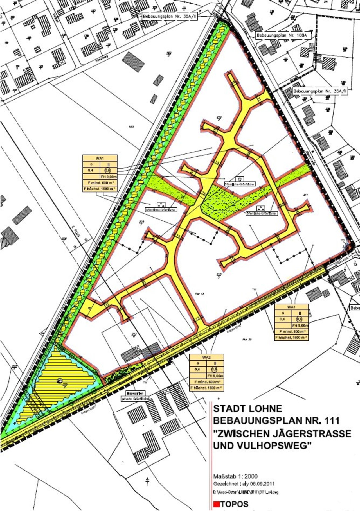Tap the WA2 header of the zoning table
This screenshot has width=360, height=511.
[206, 357]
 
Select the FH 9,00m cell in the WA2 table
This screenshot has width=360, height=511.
[215, 376]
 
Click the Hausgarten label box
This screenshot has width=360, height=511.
[132, 394]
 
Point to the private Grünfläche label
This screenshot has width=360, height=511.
[135, 399]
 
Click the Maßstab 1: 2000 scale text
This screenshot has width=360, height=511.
[235, 476]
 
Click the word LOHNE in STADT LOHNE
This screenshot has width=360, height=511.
[266, 408]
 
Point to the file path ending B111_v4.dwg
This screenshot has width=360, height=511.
[246, 492]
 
